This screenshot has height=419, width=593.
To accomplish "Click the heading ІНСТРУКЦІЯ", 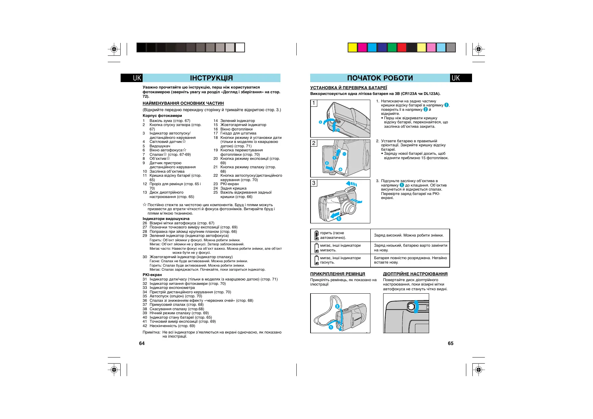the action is click(x=211, y=78).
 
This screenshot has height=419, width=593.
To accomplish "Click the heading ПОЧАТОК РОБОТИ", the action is click(x=380, y=78).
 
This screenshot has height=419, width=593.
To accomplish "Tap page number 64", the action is click(x=142, y=343).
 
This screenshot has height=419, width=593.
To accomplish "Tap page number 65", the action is click(x=450, y=343).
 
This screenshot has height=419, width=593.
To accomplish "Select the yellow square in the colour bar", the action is click(x=352, y=48).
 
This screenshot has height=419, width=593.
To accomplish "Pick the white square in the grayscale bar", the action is click(x=240, y=48).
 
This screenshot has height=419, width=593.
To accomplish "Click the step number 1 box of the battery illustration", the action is click(x=314, y=103).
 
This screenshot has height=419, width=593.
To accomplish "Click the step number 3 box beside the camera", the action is click(x=314, y=183).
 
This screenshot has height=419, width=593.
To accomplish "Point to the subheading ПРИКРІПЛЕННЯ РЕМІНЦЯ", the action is click(x=338, y=274).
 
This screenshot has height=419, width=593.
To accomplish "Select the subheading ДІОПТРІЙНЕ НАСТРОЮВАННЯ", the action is click(x=415, y=274).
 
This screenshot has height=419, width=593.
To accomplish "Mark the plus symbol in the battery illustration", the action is click(x=340, y=169).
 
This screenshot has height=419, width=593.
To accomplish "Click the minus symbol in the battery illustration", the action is click(x=344, y=154).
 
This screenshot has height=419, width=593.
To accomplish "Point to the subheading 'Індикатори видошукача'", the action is click(x=166, y=219).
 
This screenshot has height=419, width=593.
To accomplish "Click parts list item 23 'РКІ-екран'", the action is click(x=229, y=184).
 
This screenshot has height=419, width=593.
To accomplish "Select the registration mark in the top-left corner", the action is click(x=114, y=49).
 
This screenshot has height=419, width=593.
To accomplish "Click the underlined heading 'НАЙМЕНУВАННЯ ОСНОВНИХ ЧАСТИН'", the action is click(x=183, y=103).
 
